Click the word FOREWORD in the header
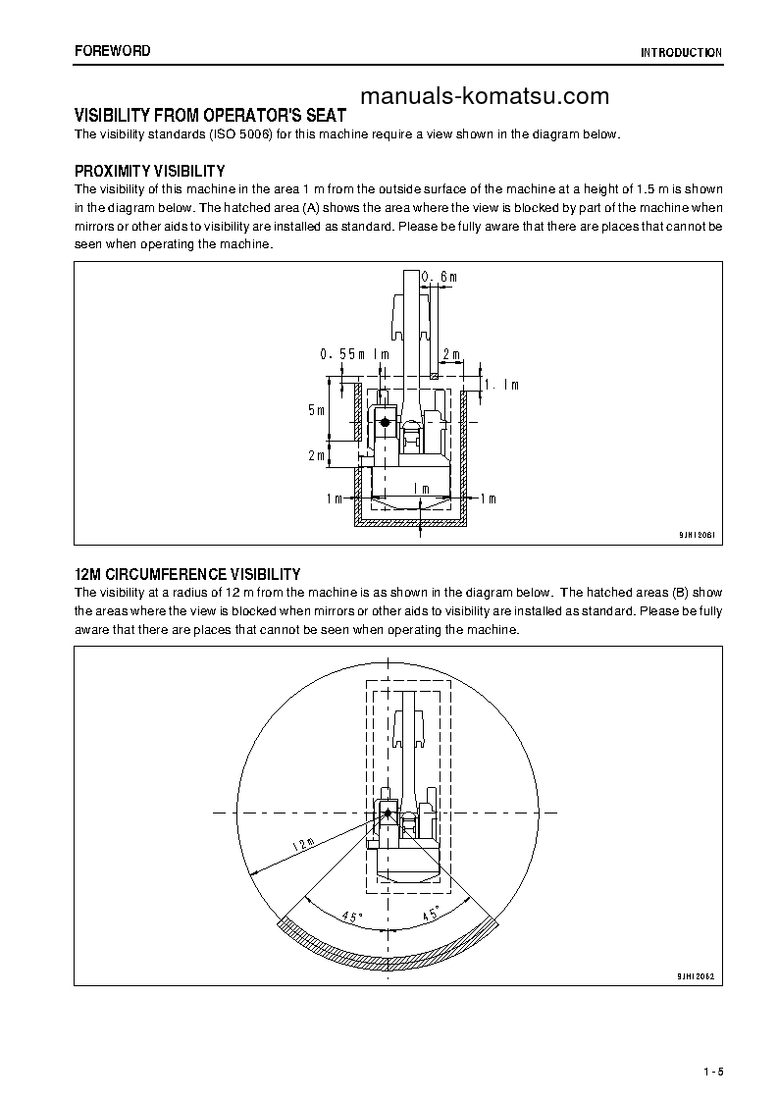[113, 50]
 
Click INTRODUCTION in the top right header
[681, 53]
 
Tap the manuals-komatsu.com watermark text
[485, 96]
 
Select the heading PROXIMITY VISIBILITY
[150, 171]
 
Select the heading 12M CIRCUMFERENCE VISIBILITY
[187, 574]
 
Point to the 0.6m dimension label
[440, 278]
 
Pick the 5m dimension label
[314, 410]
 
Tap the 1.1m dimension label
[500, 386]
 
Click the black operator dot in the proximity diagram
[385, 421]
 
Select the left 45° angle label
[350, 917]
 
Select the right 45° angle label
[430, 916]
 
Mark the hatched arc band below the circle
[387, 949]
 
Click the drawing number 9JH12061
[696, 536]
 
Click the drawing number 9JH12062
[696, 976]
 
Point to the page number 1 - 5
[713, 1072]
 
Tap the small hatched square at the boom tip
[435, 374]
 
